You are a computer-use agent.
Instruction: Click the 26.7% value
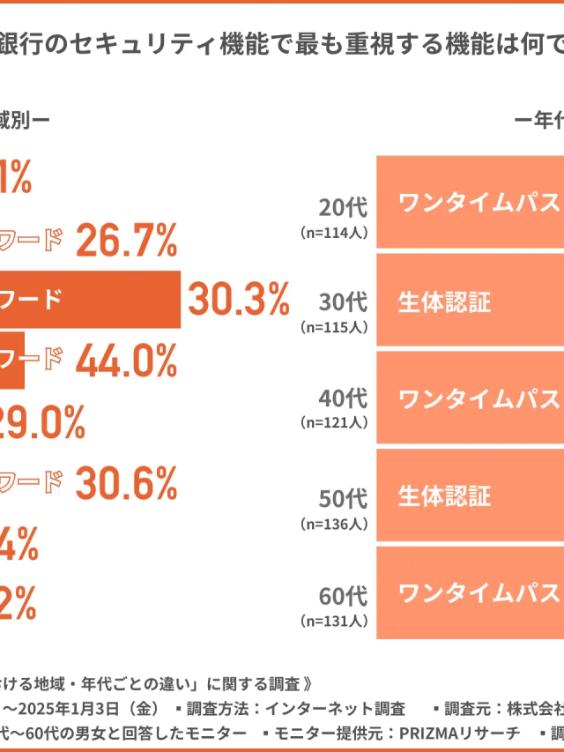[127, 241]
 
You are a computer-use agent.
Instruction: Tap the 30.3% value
[238, 302]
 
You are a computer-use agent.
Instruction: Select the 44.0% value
[127, 361]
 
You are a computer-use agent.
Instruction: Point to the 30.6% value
[127, 482]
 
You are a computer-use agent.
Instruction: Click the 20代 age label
[343, 208]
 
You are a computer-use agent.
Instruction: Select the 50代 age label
[343, 499]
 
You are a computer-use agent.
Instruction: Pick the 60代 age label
[343, 596]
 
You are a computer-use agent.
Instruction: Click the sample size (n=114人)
[334, 233]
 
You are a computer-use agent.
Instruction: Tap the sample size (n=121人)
[334, 422]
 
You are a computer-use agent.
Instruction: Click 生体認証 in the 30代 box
[444, 301]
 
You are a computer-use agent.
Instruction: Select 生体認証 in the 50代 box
[444, 495]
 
